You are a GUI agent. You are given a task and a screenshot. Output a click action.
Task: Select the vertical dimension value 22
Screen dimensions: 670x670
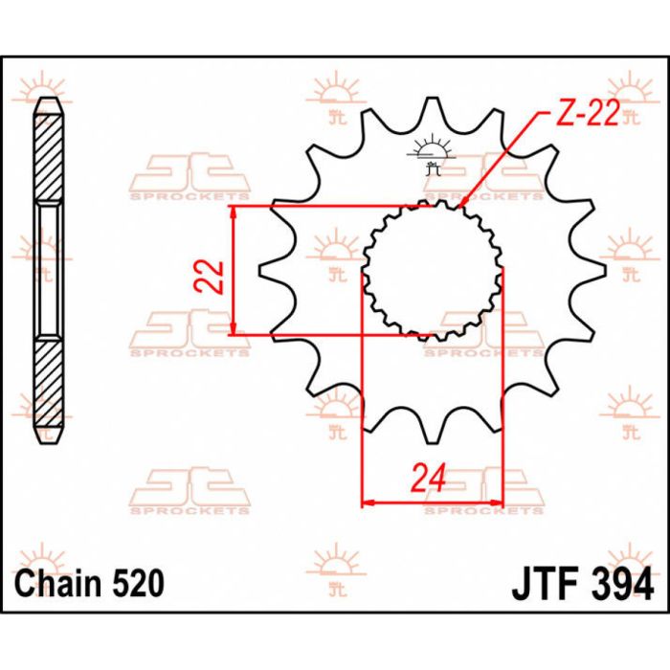(214, 276)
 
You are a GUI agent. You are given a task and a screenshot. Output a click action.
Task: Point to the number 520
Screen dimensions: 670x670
(135, 582)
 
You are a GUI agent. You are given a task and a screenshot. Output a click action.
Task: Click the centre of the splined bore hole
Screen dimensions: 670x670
(432, 269)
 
